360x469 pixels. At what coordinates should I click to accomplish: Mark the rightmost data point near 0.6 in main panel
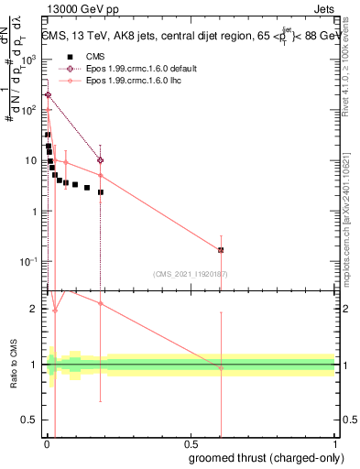[x=221, y=250]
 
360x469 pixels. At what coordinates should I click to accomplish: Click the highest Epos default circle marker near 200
[x=48, y=95]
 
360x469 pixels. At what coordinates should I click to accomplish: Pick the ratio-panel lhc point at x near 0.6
[x=221, y=368]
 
